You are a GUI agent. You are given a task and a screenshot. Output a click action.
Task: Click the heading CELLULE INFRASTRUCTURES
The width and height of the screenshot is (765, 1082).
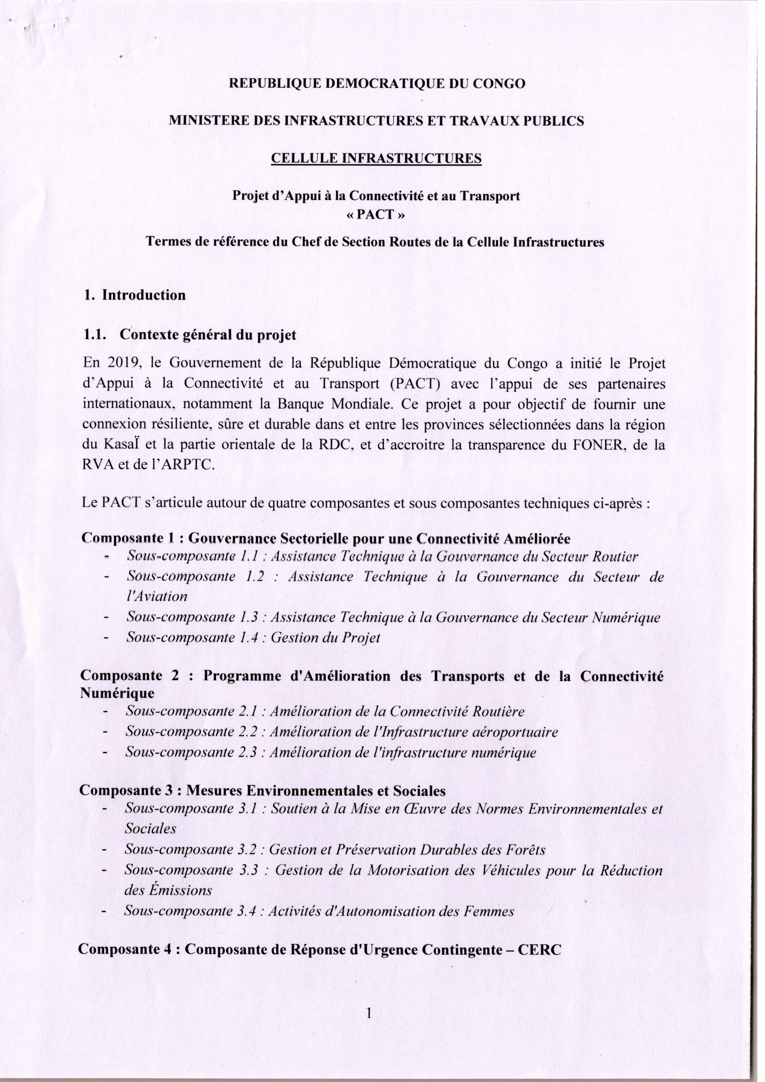376,158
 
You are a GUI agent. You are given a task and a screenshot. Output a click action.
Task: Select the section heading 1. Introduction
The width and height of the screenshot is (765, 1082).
134,295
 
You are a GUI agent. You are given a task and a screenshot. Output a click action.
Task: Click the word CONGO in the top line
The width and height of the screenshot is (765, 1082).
499,84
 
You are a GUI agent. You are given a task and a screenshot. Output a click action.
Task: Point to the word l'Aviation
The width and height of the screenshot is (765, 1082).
157,596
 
